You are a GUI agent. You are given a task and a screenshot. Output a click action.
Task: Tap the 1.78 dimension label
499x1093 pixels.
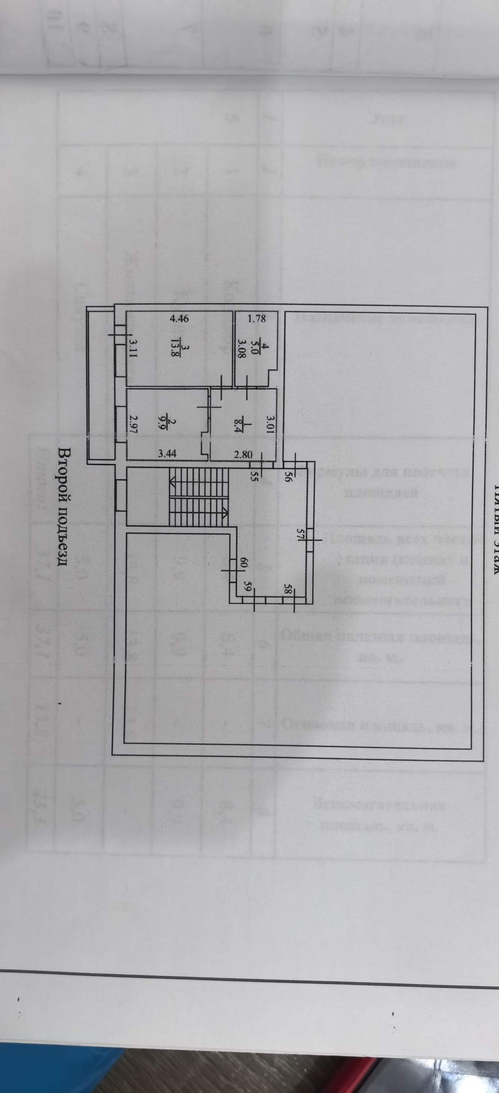pyautogui.click(x=257, y=319)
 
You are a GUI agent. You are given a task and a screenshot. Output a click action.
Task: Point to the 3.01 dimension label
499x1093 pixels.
pyautogui.click(x=270, y=425)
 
